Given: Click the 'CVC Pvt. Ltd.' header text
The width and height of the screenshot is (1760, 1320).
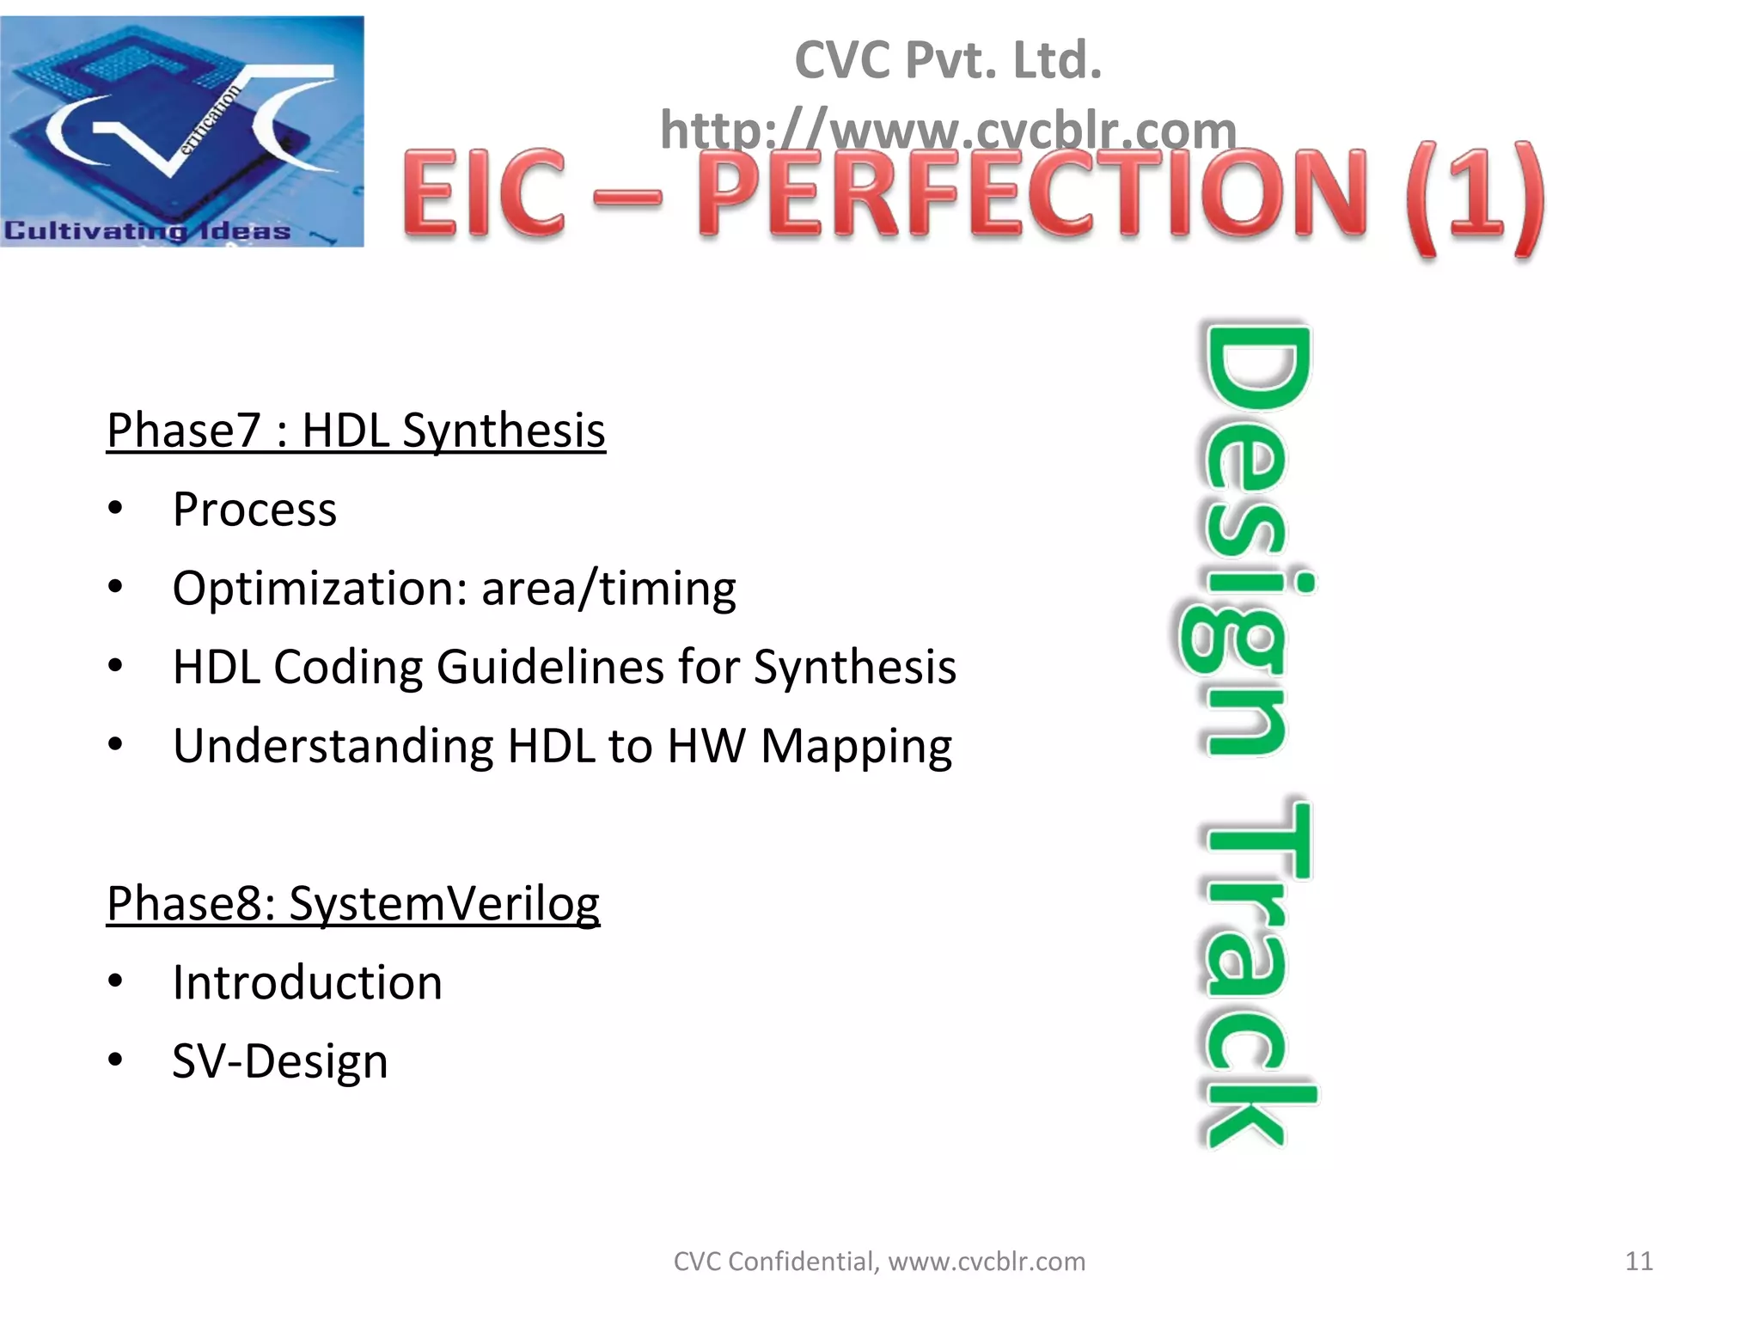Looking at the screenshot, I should point(948,60).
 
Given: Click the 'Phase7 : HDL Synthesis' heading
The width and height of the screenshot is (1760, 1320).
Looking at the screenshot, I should point(356,430).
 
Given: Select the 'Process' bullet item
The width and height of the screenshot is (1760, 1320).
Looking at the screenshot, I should point(254,509).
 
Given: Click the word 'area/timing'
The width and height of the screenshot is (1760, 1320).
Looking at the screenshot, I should point(608,589).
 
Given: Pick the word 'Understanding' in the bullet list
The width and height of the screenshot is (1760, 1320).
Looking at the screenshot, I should point(333,746).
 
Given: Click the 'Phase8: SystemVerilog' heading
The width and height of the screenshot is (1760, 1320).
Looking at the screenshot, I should point(353,903).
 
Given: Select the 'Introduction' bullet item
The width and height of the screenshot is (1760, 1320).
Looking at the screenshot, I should point(307,982).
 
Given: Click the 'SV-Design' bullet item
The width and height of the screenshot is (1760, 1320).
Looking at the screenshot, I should point(280,1061).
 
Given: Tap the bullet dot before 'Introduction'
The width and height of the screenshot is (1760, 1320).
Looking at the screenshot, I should point(116,981).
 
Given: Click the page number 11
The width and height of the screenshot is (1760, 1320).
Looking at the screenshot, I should point(1639,1261).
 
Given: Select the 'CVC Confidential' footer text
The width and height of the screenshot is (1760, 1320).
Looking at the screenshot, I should point(774,1262).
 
